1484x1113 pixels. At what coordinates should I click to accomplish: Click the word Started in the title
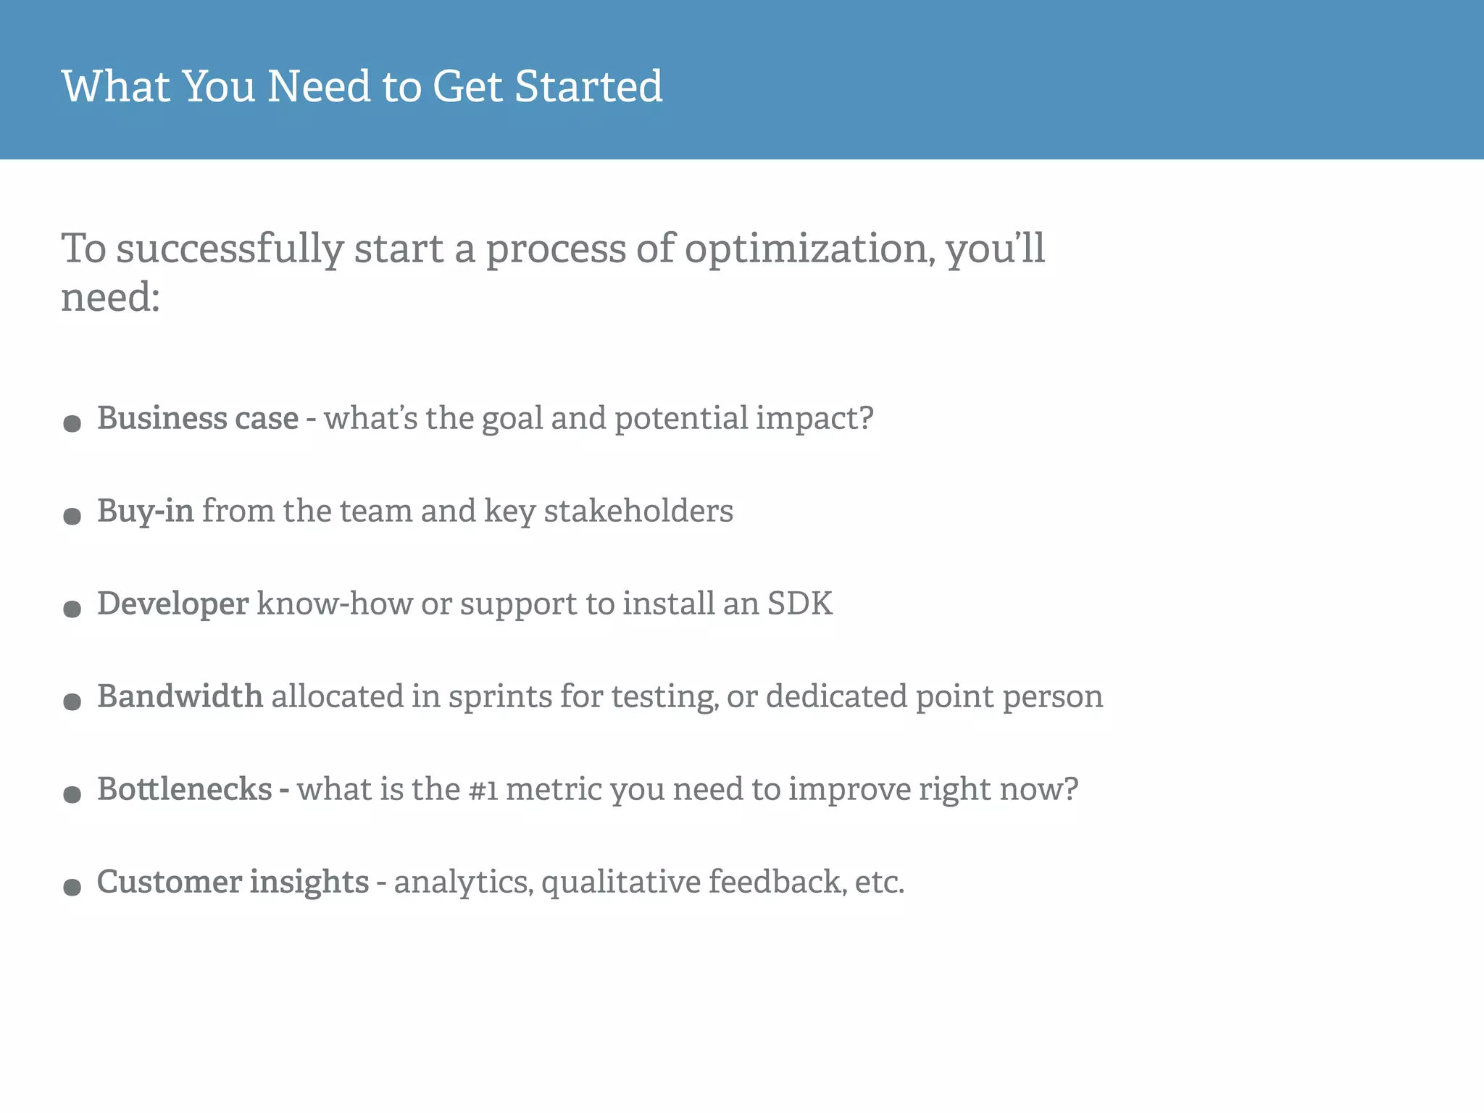pyautogui.click(x=588, y=86)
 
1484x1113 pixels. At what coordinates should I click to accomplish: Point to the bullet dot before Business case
pyautogui.click(x=72, y=423)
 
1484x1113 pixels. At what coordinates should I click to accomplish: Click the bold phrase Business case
pyautogui.click(x=198, y=418)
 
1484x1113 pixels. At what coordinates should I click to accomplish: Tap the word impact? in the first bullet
pyautogui.click(x=814, y=418)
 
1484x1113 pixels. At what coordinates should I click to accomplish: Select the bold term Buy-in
pyautogui.click(x=145, y=511)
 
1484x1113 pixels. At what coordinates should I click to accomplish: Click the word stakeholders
pyautogui.click(x=638, y=511)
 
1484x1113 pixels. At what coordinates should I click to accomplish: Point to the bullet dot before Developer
pyautogui.click(x=72, y=609)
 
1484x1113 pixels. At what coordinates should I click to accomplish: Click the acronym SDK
pyautogui.click(x=800, y=604)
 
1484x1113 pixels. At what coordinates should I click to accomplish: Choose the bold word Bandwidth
pyautogui.click(x=180, y=696)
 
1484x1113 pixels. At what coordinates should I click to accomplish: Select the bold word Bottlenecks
pyautogui.click(x=185, y=789)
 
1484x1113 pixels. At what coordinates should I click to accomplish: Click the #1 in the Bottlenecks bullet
pyautogui.click(x=483, y=790)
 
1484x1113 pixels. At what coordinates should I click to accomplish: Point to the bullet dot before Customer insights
pyautogui.click(x=72, y=887)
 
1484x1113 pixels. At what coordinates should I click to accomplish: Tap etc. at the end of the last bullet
pyautogui.click(x=879, y=882)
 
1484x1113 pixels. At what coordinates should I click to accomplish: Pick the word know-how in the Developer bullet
pyautogui.click(x=334, y=604)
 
